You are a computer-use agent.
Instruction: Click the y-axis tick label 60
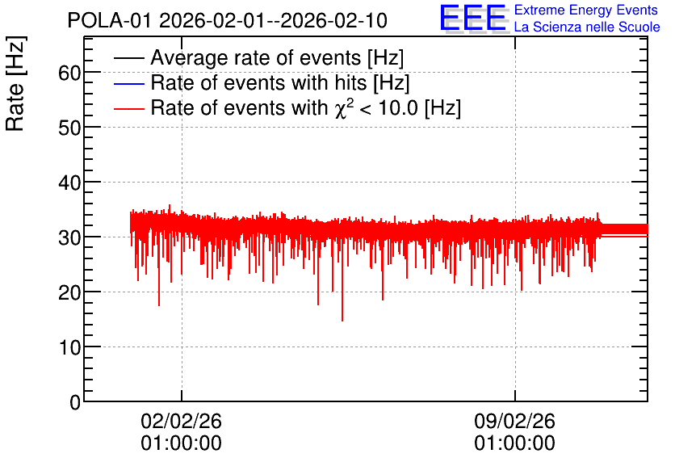click(69, 73)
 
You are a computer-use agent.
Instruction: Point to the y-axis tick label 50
click(69, 128)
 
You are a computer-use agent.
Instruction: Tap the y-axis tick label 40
click(69, 183)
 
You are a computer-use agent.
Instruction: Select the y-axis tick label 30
click(69, 237)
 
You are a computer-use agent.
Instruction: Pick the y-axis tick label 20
click(69, 292)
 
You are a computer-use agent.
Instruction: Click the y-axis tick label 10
click(69, 347)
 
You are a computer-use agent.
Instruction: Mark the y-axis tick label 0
click(75, 402)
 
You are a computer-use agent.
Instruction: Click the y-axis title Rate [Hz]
click(15, 83)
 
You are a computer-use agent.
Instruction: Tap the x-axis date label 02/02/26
click(181, 421)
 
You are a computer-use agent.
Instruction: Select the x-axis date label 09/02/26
click(515, 421)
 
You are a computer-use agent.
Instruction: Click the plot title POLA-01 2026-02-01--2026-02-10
click(228, 20)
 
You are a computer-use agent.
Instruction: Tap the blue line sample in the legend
click(128, 83)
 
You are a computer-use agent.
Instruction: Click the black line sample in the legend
click(128, 58)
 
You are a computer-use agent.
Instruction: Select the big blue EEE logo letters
click(473, 18)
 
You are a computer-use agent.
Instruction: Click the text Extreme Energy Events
click(586, 10)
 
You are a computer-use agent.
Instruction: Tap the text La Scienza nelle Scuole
click(587, 27)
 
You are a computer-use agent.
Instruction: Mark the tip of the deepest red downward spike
click(342, 321)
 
